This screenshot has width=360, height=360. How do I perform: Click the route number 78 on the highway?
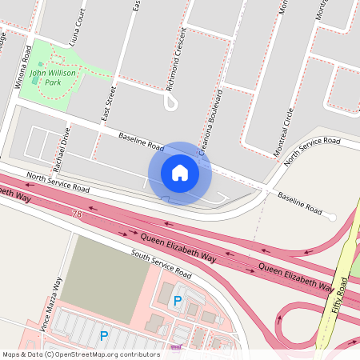coord(77,214)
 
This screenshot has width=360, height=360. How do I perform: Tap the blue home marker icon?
coord(180,173)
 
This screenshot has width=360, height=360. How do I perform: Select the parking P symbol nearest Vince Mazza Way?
coord(103,336)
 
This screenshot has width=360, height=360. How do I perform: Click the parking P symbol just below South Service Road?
coord(178,302)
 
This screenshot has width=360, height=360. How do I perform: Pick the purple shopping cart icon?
coord(176,349)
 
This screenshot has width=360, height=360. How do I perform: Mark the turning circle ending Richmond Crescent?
coord(170,102)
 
